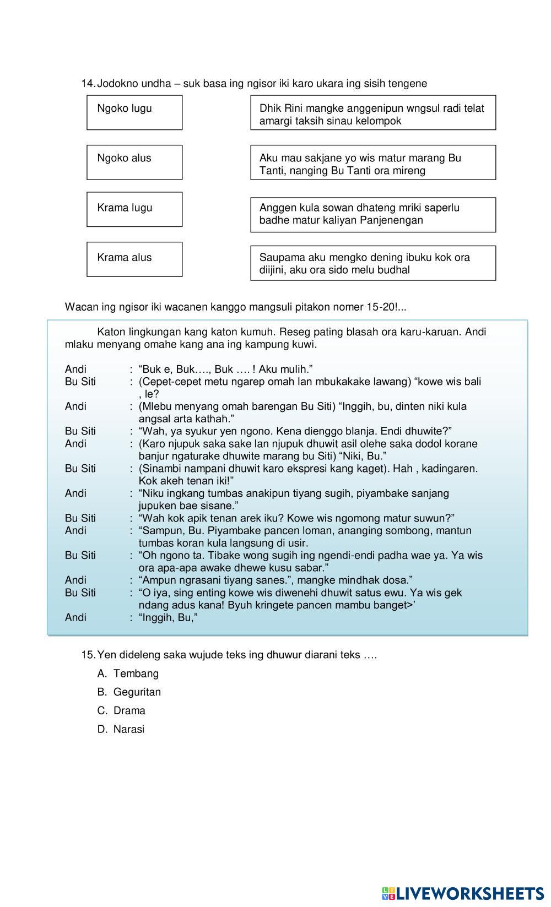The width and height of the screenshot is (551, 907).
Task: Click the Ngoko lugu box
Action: click(134, 112)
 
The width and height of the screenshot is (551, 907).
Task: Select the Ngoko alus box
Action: click(134, 162)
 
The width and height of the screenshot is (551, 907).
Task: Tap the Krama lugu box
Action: click(134, 209)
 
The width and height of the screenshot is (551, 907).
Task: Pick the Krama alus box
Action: click(134, 259)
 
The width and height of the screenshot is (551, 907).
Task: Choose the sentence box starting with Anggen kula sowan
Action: click(373, 215)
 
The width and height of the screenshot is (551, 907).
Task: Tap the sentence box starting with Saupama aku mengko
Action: click(373, 263)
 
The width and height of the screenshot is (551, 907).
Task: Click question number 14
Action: click(88, 84)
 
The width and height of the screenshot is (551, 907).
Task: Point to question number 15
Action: click(88, 655)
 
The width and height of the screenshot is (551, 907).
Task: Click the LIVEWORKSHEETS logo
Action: click(462, 893)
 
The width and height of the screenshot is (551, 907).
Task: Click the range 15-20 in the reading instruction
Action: click(380, 307)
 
